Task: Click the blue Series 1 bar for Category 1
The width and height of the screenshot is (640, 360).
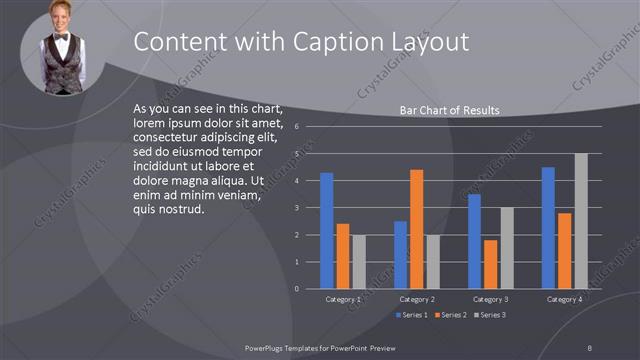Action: click(x=326, y=231)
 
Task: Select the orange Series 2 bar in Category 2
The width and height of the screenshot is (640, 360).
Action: click(x=416, y=229)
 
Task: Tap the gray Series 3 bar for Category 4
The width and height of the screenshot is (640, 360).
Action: click(x=581, y=221)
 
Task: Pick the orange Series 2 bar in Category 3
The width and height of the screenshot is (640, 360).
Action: click(x=490, y=264)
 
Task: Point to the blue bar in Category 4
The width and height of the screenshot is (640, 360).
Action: click(x=548, y=228)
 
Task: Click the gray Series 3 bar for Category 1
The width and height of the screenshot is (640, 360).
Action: click(x=359, y=262)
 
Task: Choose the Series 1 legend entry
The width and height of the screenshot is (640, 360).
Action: click(x=413, y=315)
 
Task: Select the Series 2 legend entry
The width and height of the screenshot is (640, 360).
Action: click(x=450, y=315)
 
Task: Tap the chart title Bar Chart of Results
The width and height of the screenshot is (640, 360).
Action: click(x=449, y=110)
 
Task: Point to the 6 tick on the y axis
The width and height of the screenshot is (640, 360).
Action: click(x=297, y=127)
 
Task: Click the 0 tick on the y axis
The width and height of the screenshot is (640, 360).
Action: click(x=297, y=289)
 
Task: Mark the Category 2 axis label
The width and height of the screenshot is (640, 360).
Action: click(x=417, y=299)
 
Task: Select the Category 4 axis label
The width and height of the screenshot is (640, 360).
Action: click(x=565, y=299)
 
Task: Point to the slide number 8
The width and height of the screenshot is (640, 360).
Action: click(x=589, y=346)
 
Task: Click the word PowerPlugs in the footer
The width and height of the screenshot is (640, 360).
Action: click(x=266, y=346)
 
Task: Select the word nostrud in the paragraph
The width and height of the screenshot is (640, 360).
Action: click(x=178, y=210)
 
